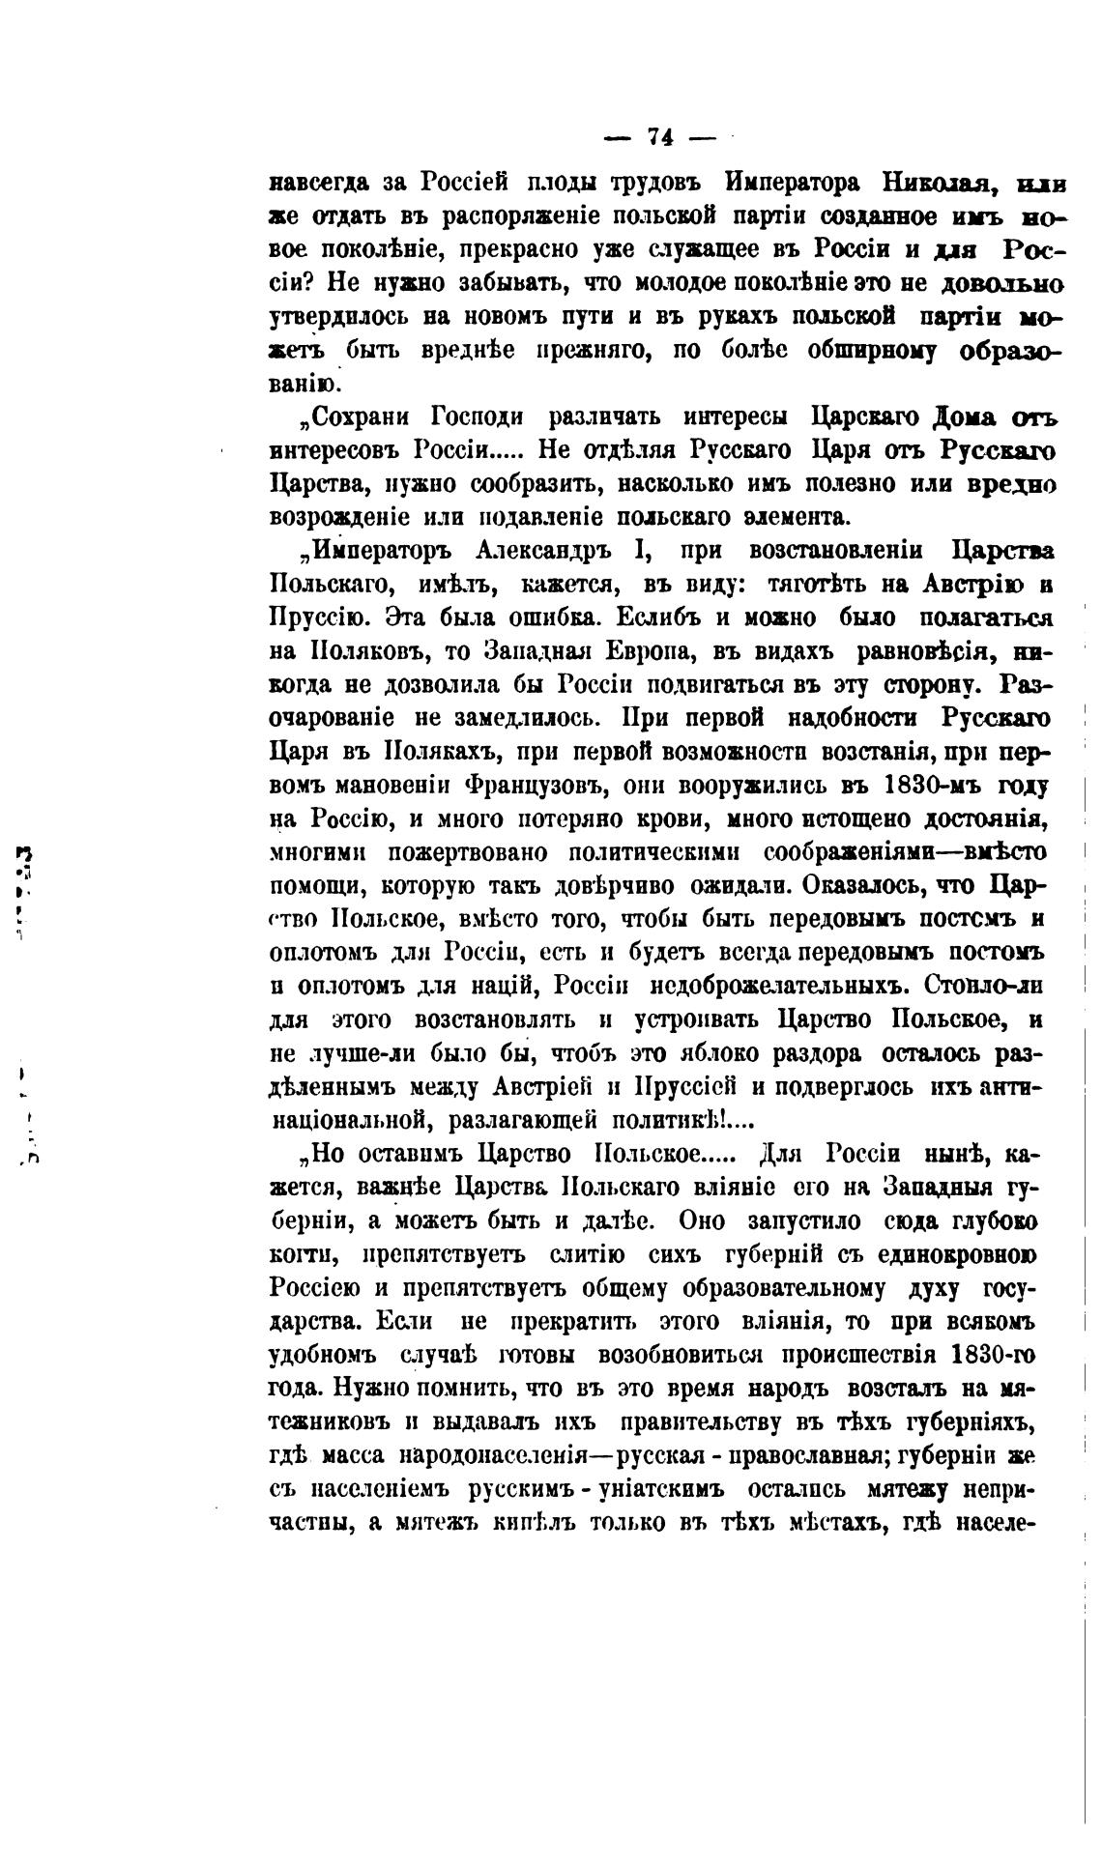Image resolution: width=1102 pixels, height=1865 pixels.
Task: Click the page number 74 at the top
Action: pyautogui.click(x=660, y=138)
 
